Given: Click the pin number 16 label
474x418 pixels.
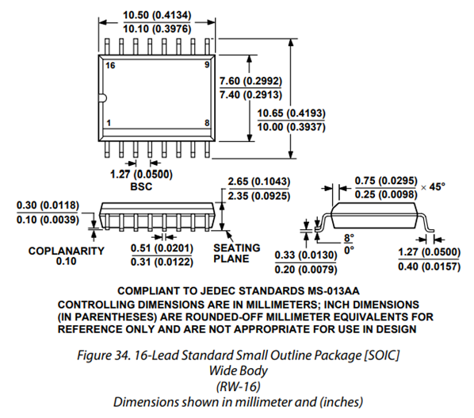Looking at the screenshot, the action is [x=110, y=65].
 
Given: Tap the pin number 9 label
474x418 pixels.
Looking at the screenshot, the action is [x=207, y=64].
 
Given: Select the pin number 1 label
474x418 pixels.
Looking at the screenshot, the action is [x=109, y=123].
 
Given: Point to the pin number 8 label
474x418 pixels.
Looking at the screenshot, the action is [x=207, y=123].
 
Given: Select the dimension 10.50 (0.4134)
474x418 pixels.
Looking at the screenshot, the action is [x=157, y=15].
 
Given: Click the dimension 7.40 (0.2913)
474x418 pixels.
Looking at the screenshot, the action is [x=250, y=94].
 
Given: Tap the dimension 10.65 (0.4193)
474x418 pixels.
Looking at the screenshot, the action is [x=292, y=113].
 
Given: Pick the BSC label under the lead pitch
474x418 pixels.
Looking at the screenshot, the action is [x=141, y=186].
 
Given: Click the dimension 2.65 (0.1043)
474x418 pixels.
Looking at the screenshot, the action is [x=258, y=182].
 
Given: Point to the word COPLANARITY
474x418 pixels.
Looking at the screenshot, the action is [x=67, y=251].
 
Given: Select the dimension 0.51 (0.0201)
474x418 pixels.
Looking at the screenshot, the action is [x=162, y=248].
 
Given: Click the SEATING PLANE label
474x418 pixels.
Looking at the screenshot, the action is [x=237, y=253].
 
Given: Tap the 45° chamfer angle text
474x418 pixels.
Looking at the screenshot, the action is [x=438, y=186].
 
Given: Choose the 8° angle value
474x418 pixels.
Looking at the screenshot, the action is [x=349, y=238].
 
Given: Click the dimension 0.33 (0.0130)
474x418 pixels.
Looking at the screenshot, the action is [x=306, y=255].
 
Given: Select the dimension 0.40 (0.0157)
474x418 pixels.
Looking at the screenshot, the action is [x=429, y=267].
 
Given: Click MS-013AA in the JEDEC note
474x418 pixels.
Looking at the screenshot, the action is [x=334, y=291].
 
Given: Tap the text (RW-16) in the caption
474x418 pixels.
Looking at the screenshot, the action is [x=239, y=386].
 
